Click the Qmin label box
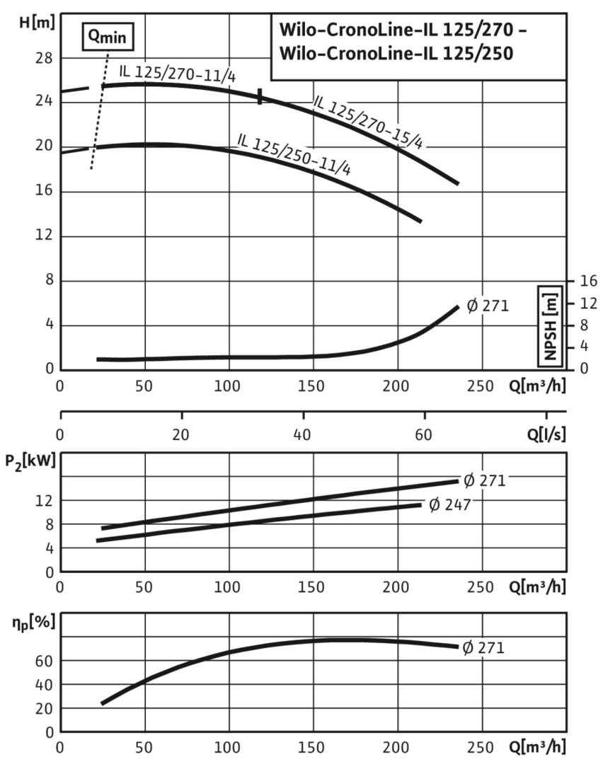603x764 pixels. coord(107,35)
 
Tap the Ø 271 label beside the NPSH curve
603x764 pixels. coord(488,307)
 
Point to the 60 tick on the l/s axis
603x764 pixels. coord(424,434)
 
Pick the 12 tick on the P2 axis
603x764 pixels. coord(45,501)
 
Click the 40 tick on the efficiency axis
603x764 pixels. coord(45,685)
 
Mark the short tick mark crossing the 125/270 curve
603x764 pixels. coord(260,97)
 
